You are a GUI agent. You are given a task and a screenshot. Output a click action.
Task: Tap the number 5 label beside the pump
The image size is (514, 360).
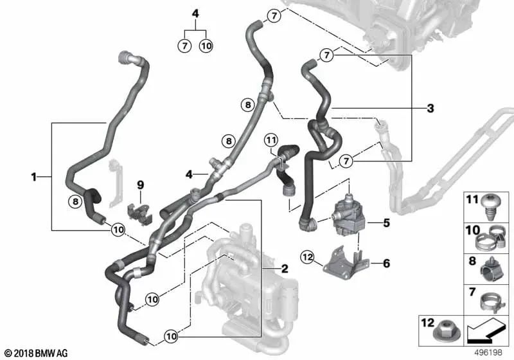[x=387, y=224]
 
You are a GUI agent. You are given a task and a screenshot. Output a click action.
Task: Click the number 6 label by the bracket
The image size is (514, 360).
[x=387, y=263]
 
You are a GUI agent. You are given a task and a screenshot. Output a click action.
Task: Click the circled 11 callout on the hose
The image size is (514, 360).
[x=270, y=139]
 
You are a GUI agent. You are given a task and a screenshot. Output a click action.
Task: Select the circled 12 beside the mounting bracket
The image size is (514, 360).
[x=308, y=258]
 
